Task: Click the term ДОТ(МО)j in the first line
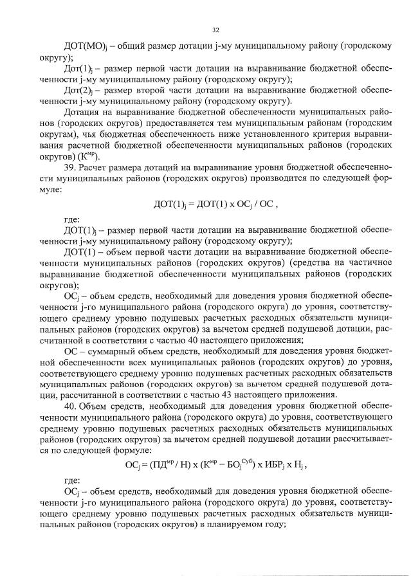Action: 83,47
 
